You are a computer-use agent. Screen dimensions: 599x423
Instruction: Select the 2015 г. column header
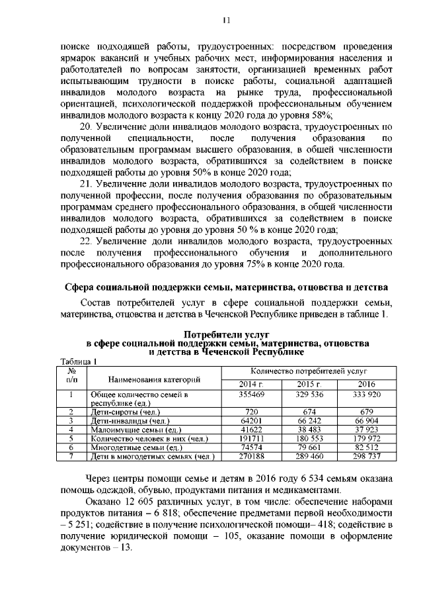coord(308,385)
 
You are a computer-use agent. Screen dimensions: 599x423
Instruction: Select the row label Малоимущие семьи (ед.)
coord(128,429)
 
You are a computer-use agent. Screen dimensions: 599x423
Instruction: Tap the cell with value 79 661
coord(308,447)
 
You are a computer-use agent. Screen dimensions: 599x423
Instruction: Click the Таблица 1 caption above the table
coord(78,361)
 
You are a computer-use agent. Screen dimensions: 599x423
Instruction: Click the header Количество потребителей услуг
coord(308,372)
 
